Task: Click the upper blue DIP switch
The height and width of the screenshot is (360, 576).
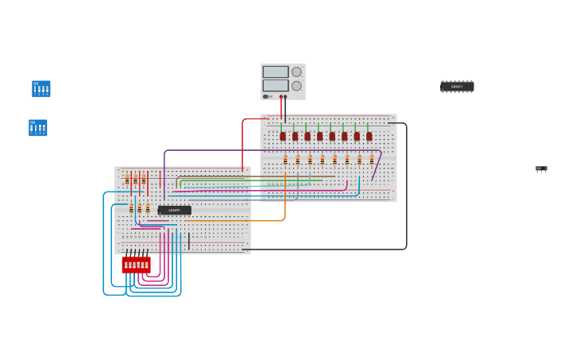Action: point(41,88)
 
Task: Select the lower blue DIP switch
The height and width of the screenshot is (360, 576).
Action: point(37,128)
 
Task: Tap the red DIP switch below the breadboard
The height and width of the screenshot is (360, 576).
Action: point(136,265)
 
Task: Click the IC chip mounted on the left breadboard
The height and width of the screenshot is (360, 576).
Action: point(174,211)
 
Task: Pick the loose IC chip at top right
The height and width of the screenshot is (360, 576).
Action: point(457,87)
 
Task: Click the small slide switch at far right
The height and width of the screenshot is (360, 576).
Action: point(541,168)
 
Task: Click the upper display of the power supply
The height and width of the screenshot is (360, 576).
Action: point(276,72)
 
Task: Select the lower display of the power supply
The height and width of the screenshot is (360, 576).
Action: point(276,85)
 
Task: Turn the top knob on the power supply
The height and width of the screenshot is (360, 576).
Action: point(296,72)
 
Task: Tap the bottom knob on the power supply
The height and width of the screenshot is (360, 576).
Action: point(296,86)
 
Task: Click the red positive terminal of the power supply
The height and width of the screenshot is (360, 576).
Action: point(280,97)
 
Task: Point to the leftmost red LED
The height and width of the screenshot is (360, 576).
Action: point(283,136)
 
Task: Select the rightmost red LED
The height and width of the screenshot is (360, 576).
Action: point(369,136)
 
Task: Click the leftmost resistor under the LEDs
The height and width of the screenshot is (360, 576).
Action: point(285,160)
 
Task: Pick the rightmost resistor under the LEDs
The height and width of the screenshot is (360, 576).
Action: point(371,160)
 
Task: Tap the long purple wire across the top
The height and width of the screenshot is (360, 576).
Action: point(270,150)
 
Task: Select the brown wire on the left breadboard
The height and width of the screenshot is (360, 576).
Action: point(238,176)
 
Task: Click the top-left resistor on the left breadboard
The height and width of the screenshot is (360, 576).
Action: point(127,180)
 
